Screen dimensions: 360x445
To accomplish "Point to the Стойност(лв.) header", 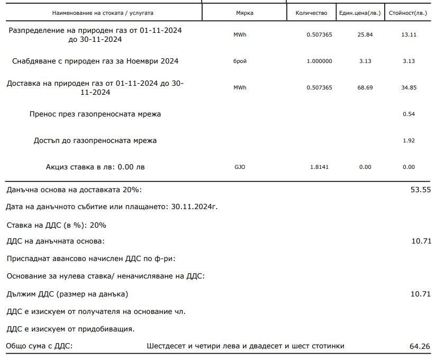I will point(407,12).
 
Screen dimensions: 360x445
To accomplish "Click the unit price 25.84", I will point(365,35).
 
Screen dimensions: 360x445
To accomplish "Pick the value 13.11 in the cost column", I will point(408,35).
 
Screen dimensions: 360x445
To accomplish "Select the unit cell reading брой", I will point(240,61).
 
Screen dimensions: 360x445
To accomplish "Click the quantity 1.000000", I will point(320,61).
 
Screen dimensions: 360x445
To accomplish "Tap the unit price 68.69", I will point(365,87).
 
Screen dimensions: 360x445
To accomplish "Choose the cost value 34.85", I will point(408,87).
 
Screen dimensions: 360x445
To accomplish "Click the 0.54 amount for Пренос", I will point(408,114).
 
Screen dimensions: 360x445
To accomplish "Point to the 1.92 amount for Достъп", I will point(408,140).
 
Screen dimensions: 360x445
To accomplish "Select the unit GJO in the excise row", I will point(240,167).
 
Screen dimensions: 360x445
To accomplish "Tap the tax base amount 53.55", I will point(421,190).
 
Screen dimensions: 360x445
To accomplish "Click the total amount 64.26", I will point(420,347).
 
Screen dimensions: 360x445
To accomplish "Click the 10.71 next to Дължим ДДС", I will point(421,294).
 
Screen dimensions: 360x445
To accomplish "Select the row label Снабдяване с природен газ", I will point(95,61).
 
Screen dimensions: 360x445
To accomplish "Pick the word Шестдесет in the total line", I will point(166,346).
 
